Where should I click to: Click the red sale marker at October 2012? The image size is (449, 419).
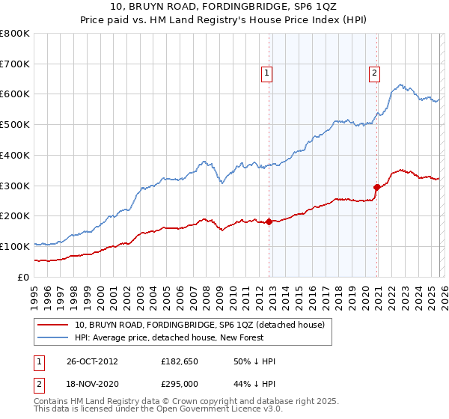coord(269,221)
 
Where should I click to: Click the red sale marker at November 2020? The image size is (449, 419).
coord(376,187)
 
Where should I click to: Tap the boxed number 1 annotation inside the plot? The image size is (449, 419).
coord(266,73)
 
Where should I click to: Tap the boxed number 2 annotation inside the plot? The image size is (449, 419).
coord(373,73)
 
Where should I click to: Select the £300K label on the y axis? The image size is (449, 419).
coord(15,186)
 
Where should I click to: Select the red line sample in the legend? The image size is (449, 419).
coord(53,325)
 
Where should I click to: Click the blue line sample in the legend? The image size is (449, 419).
coord(53,338)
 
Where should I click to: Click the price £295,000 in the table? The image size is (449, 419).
coord(180,384)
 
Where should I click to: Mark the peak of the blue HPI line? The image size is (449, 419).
coord(401,85)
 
